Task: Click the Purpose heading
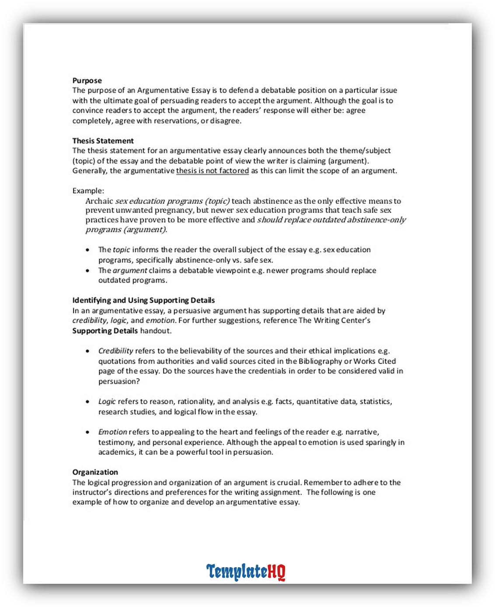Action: click(x=87, y=80)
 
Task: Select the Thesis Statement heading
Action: click(x=103, y=141)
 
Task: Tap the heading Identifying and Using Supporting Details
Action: click(x=143, y=300)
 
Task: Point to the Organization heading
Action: click(x=95, y=472)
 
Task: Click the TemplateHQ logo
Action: click(x=246, y=572)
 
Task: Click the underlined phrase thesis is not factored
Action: click(x=213, y=171)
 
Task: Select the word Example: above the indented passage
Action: click(x=88, y=191)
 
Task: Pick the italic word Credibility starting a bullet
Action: click(x=115, y=351)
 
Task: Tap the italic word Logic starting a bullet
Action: click(x=107, y=401)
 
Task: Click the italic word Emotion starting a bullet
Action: click(x=112, y=432)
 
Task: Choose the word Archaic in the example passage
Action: click(x=99, y=201)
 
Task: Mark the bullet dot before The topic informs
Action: click(x=88, y=250)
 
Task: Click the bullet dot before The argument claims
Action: click(x=88, y=271)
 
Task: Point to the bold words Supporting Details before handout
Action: click(x=105, y=331)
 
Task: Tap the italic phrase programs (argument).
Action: click(x=126, y=230)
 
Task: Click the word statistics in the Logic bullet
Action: click(x=375, y=401)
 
